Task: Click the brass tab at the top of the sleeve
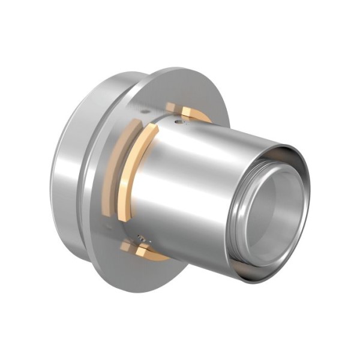tap(172, 107)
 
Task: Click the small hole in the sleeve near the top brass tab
tap(179, 121)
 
